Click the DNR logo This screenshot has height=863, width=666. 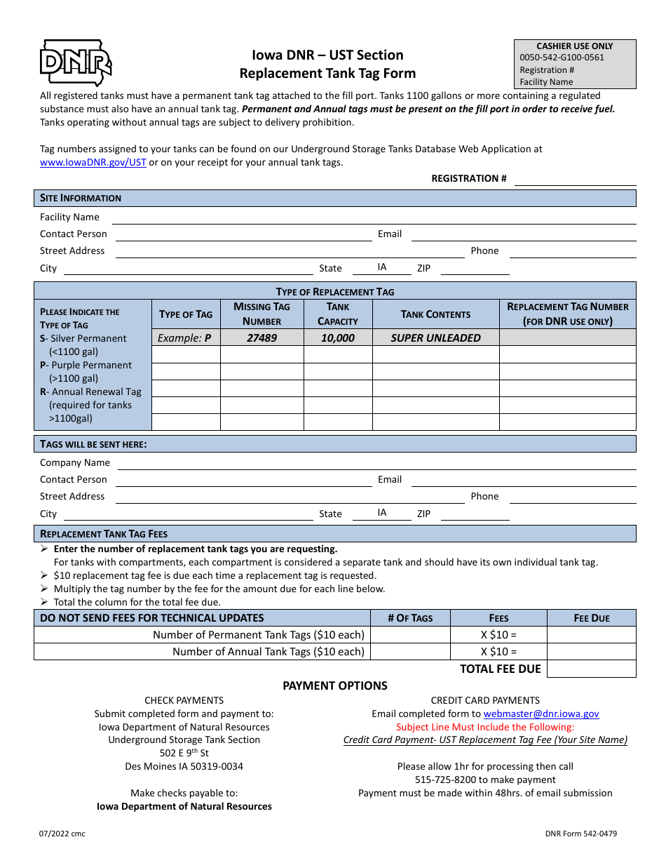pyautogui.click(x=76, y=63)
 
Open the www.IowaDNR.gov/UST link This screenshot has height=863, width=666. pyautogui.click(x=93, y=162)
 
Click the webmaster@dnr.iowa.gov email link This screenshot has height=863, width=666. pyautogui.click(x=541, y=714)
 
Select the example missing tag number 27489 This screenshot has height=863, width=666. pyautogui.click(x=261, y=337)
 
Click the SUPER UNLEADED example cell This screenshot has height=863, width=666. pyautogui.click(x=435, y=337)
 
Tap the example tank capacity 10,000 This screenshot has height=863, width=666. pyautogui.click(x=338, y=337)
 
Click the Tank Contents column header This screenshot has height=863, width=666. pyautogui.click(x=435, y=314)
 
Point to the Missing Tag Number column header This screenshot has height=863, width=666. pyautogui.click(x=261, y=314)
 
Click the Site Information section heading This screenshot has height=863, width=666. pyautogui.click(x=81, y=198)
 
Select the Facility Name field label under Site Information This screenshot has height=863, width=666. pyautogui.click(x=69, y=217)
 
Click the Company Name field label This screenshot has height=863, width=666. pyautogui.click(x=75, y=462)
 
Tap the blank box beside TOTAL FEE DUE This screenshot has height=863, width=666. pyautogui.click(x=591, y=669)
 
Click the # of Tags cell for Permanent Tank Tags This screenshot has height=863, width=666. pyautogui.click(x=410, y=635)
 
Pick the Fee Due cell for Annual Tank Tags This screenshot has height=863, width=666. pyautogui.click(x=591, y=652)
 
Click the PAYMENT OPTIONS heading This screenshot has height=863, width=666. pyautogui.click(x=334, y=685)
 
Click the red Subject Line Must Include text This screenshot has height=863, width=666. pyautogui.click(x=485, y=727)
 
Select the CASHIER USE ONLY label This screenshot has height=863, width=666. pyautogui.click(x=575, y=46)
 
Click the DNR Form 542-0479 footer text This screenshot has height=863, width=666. pyautogui.click(x=581, y=834)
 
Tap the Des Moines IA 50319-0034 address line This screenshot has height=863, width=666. pyautogui.click(x=184, y=766)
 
